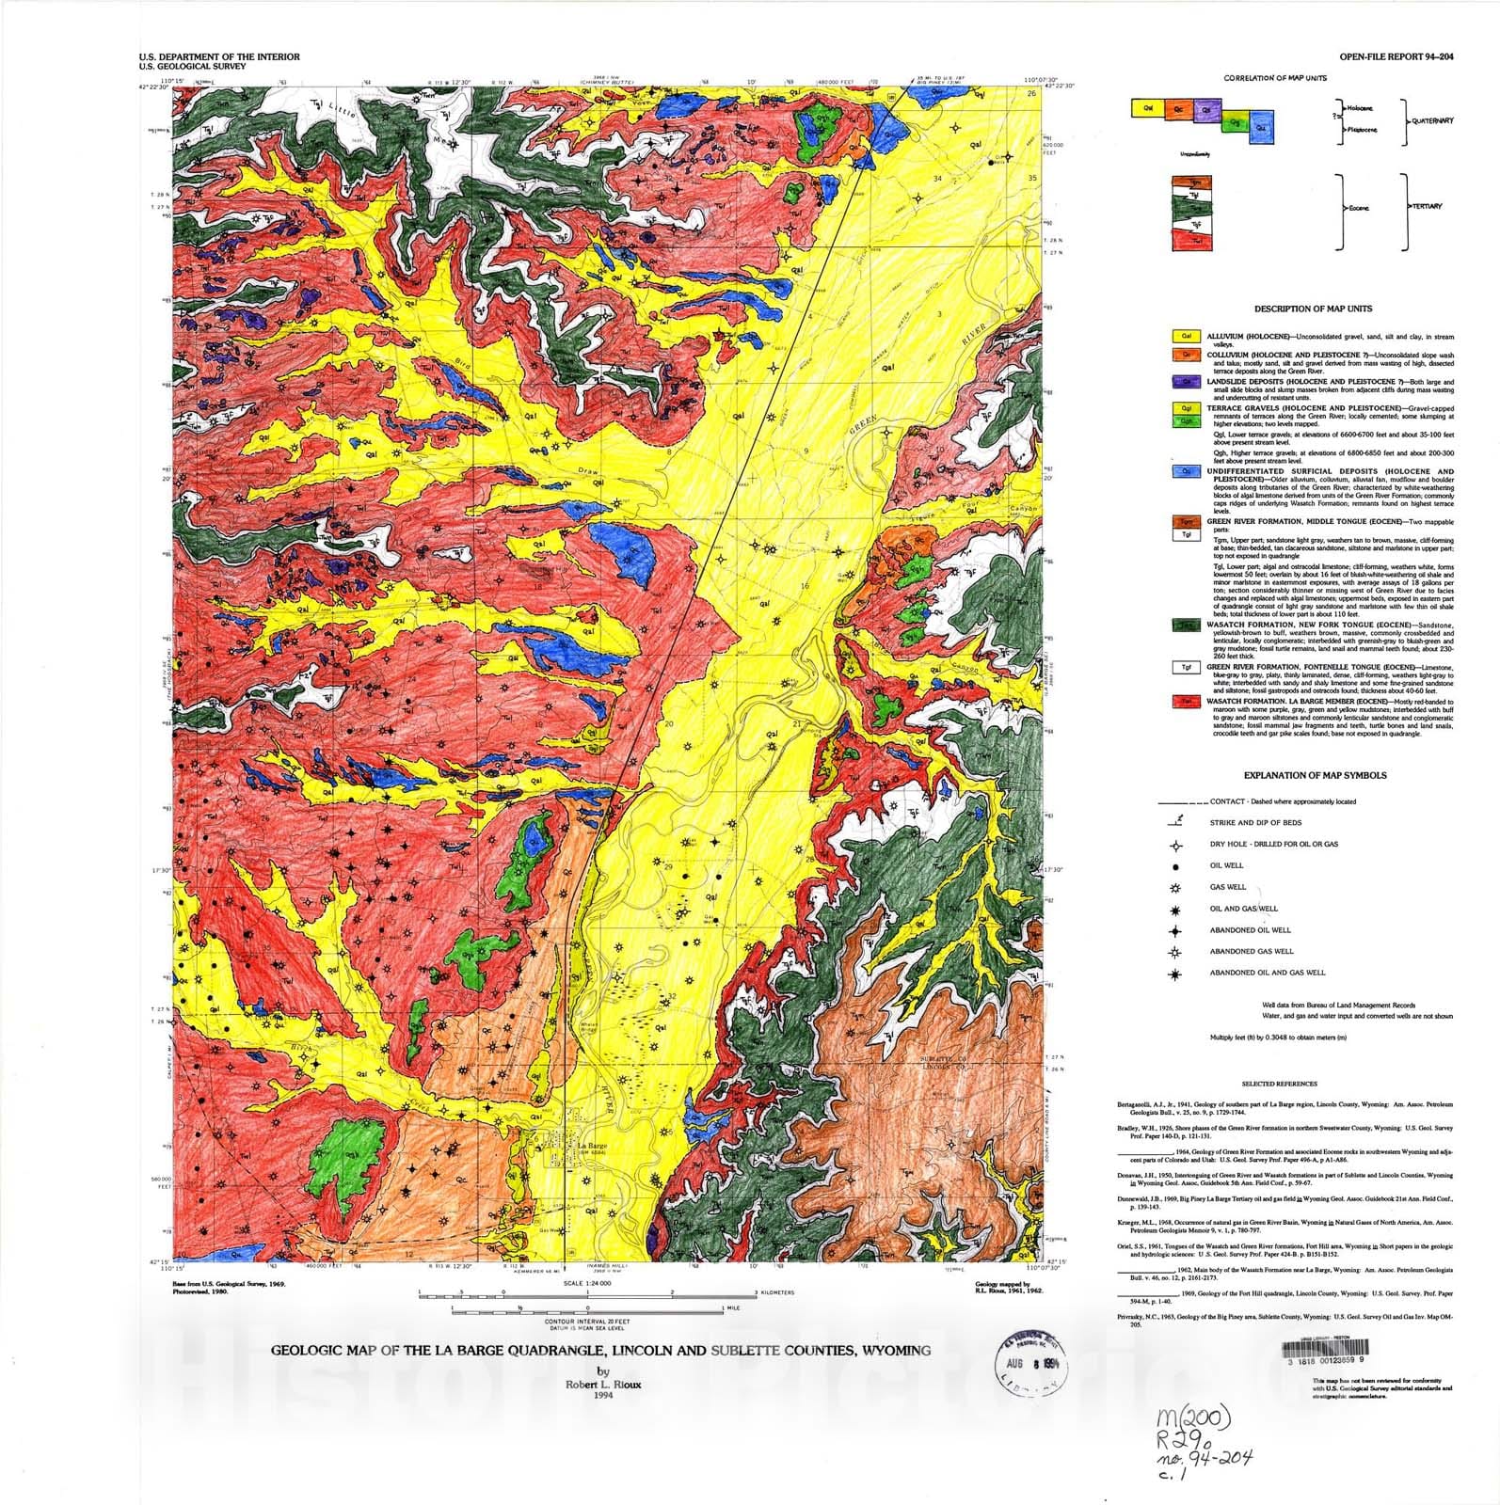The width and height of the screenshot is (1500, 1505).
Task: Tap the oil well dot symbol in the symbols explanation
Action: point(1175,865)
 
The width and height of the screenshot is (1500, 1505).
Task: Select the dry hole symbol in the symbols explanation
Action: point(1175,844)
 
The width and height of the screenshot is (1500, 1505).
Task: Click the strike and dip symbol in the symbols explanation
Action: point(1175,821)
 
